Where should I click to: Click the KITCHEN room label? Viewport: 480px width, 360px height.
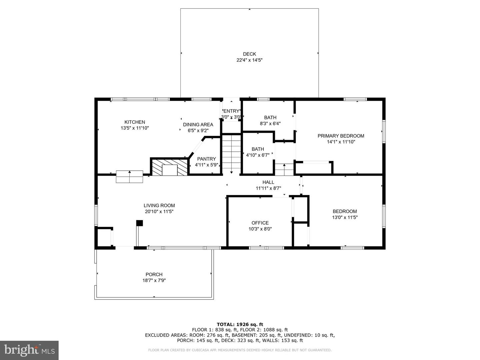(135, 122)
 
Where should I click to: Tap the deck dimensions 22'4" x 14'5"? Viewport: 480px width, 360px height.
(249, 60)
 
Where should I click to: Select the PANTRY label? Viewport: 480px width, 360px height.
(206, 159)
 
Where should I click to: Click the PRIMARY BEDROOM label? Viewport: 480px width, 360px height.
(341, 136)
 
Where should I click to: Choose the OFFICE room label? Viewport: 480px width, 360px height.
(260, 223)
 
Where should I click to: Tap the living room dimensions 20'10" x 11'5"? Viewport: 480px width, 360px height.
(159, 211)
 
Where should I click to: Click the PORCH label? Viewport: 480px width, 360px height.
(154, 274)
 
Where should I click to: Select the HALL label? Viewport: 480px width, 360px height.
(268, 182)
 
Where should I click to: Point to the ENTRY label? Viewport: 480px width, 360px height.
(231, 111)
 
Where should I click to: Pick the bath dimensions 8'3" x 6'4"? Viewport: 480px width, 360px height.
(270, 123)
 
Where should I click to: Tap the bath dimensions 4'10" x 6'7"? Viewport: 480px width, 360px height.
(258, 155)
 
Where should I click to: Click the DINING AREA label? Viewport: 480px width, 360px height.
(198, 125)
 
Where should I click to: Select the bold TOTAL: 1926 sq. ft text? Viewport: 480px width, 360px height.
(240, 324)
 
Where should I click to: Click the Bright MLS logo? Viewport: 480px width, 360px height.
(29, 350)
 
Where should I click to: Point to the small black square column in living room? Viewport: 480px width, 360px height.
(140, 223)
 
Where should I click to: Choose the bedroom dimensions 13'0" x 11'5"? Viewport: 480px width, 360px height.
(345, 217)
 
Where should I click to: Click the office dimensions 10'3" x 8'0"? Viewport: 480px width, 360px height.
(260, 229)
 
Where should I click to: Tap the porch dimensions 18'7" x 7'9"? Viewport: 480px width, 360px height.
(154, 280)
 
